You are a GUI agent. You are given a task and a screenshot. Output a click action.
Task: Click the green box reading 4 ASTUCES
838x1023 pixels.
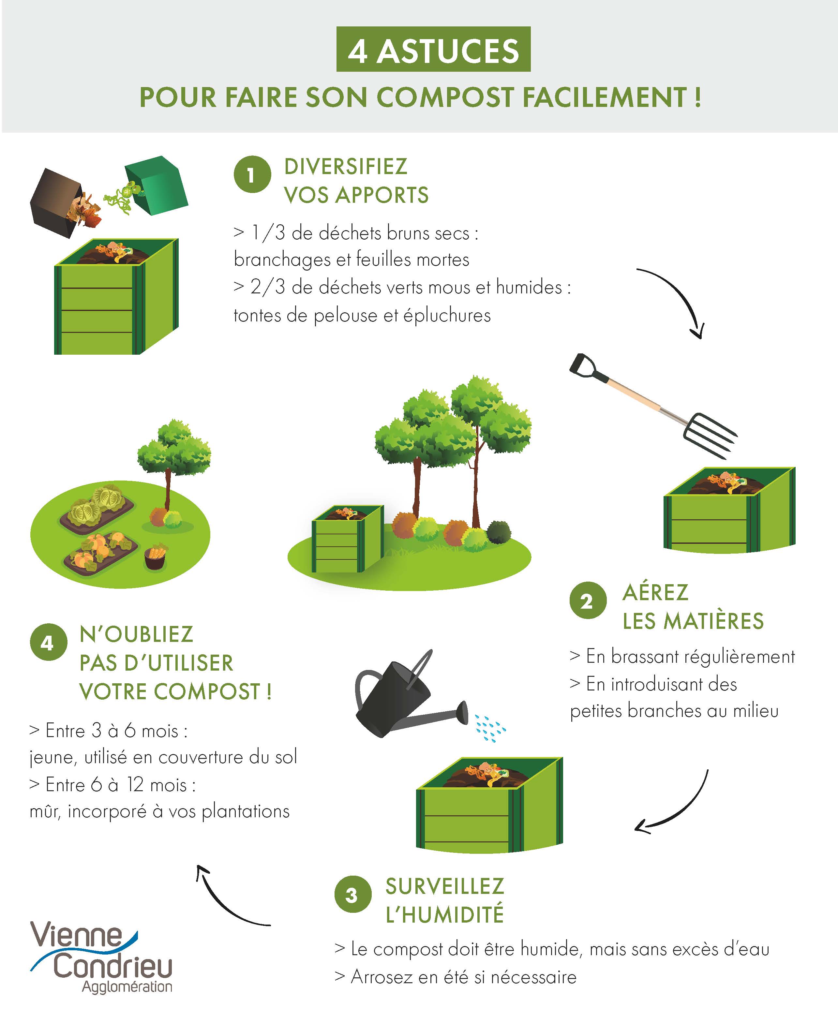pos(433,49)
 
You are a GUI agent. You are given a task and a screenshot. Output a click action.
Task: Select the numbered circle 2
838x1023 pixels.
pos(588,600)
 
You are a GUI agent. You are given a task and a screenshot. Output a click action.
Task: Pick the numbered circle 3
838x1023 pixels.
pos(353,895)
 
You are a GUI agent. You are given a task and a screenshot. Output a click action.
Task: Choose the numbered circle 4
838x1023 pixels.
pos(48,642)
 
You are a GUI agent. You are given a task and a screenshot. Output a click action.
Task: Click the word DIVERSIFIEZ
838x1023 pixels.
pos(346,167)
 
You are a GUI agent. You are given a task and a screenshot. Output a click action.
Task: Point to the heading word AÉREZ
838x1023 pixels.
pos(655,593)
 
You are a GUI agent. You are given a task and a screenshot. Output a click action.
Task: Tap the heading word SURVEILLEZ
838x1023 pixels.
pos(444,886)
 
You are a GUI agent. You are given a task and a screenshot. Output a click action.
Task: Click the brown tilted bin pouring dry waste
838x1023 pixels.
pos(54,200)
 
